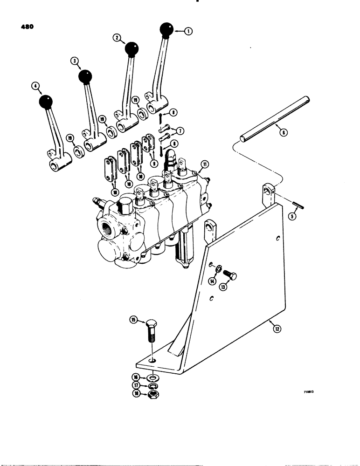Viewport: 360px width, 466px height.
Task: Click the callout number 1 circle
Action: point(188,32)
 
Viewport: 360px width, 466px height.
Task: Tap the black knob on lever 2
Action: point(132,48)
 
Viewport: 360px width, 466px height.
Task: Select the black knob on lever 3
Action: point(85,76)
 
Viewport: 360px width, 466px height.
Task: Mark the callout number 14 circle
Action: point(213,281)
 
